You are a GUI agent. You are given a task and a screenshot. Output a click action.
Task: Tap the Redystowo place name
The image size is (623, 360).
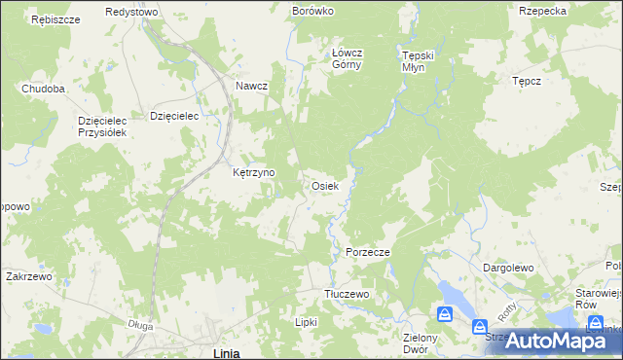point(131,12)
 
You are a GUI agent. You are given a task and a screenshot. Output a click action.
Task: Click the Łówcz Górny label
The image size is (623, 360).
point(347,59)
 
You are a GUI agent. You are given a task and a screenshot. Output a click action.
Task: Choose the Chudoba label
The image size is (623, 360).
point(44,89)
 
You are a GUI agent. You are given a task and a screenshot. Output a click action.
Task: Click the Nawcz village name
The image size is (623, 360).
point(251,86)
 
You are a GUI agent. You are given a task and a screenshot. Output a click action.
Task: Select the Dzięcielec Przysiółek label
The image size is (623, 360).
point(103,126)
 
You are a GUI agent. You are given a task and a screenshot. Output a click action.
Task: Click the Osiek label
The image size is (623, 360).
point(324,185)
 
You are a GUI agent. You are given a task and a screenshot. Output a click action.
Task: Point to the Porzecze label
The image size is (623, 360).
point(368,252)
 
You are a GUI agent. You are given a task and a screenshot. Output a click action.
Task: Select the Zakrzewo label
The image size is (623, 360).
point(28,276)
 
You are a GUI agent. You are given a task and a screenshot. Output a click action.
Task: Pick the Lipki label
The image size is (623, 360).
point(307,321)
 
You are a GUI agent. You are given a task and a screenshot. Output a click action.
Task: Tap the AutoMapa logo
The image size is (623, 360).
point(551,341)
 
